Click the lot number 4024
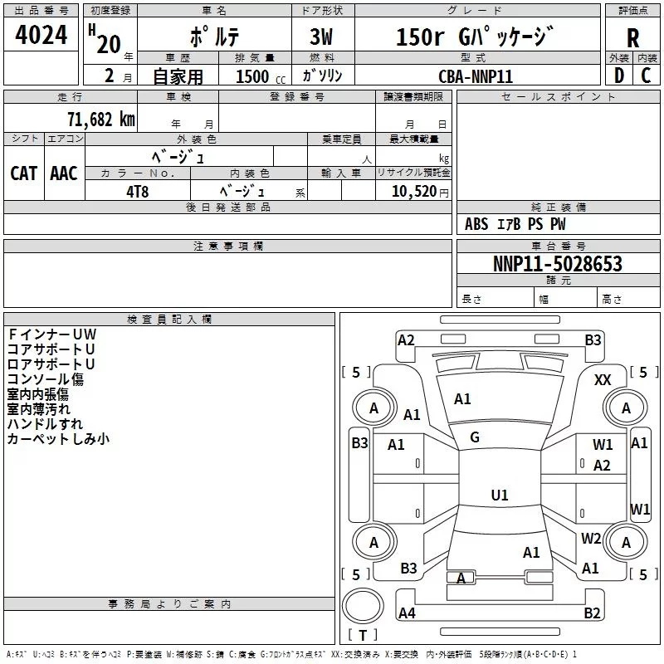click(41, 35)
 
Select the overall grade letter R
click(632, 38)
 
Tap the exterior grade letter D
click(619, 76)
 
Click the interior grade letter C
click(646, 76)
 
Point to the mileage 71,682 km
click(101, 119)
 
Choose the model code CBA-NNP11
click(476, 76)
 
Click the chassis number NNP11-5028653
click(558, 264)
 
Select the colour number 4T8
click(138, 192)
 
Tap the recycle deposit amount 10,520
click(414, 191)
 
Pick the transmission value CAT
click(24, 173)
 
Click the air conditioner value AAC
click(64, 173)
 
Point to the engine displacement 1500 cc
click(261, 76)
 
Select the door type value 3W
click(321, 37)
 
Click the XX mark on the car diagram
click(603, 380)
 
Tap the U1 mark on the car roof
click(500, 495)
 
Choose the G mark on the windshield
click(475, 437)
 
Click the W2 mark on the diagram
click(591, 538)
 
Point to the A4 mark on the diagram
click(407, 613)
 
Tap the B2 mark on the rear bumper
click(592, 613)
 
